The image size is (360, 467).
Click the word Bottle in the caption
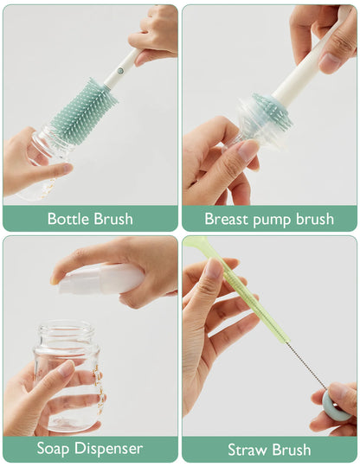coord(67,219)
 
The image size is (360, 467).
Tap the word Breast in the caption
coord(227,219)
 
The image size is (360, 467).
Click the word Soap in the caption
coord(56,449)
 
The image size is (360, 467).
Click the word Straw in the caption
coord(247,450)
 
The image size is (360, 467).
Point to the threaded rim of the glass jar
coord(65,333)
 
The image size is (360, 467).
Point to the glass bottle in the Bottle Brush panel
coord(43,164)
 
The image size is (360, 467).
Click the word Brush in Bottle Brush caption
coord(112,219)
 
